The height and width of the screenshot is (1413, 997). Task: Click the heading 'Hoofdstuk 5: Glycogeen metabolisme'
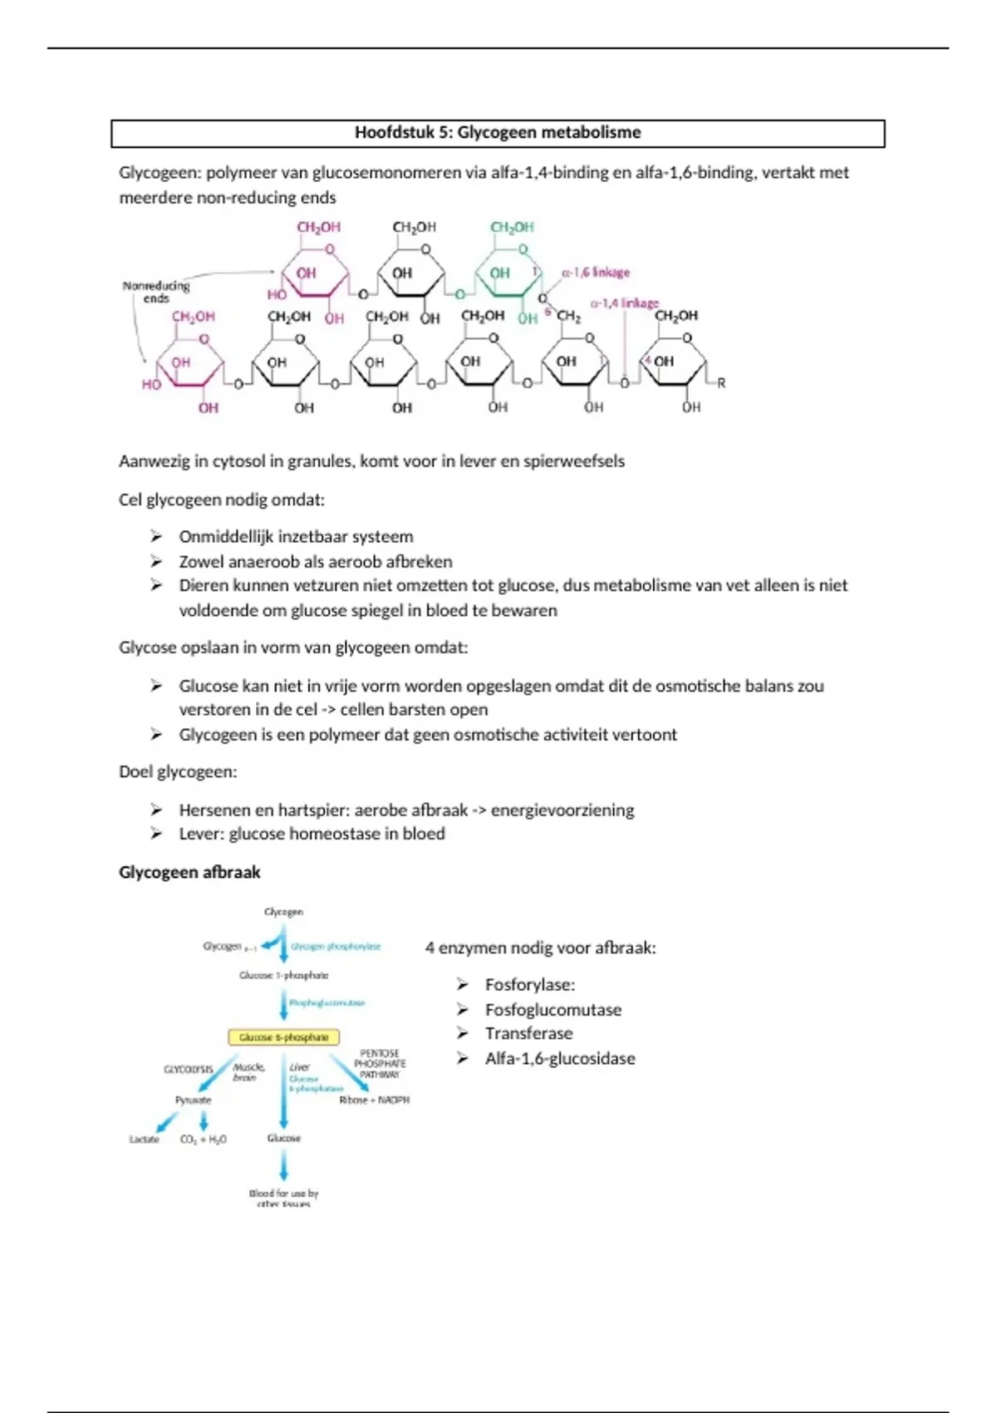point(498,133)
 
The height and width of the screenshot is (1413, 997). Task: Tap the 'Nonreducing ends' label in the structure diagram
point(156,291)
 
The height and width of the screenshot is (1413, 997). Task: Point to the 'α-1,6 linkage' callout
point(596,273)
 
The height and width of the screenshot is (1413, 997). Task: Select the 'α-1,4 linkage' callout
point(624,303)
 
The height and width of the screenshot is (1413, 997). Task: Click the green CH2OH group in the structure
point(512,227)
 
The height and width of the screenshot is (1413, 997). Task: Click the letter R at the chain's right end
point(721,383)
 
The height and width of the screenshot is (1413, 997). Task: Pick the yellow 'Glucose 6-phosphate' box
point(283,1037)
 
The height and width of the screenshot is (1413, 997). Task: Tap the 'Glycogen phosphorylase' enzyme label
point(336,947)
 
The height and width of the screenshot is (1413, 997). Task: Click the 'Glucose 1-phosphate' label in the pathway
point(283,975)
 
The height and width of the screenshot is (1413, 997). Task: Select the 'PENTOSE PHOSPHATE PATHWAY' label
point(380,1064)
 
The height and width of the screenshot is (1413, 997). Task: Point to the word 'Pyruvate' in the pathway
point(193,1100)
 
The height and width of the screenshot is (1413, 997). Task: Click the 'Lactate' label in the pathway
point(144,1139)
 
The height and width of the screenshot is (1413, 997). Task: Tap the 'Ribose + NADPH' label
point(374,1100)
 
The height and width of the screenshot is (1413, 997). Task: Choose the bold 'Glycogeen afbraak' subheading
point(189,872)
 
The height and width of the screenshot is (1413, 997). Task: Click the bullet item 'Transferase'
point(528,1033)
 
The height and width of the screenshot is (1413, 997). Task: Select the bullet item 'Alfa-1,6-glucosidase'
point(560,1058)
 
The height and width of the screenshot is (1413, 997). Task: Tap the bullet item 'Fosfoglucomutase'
point(553,1009)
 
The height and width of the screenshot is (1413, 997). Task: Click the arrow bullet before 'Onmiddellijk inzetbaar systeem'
point(156,537)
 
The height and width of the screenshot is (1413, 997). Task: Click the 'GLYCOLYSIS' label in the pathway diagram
point(189,1070)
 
